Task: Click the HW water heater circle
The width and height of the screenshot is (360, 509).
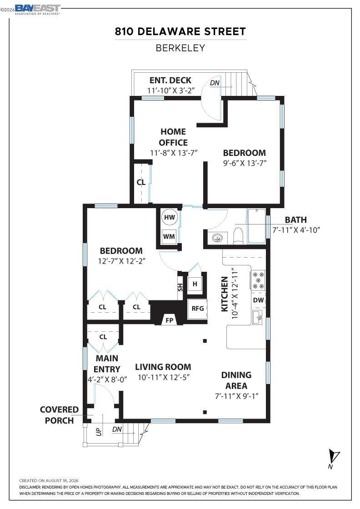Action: coord(170,217)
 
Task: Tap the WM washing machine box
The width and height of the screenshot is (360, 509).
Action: coord(169,237)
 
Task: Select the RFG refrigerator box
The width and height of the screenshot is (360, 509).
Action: coord(197,309)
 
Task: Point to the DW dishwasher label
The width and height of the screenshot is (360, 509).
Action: coord(258,300)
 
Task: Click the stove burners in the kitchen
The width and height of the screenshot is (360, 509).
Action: coord(258,280)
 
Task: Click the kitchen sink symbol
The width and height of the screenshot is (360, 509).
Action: coord(259,317)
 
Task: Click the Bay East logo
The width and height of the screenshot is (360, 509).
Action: coord(37,9)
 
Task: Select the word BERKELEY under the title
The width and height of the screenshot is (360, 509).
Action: coord(180,48)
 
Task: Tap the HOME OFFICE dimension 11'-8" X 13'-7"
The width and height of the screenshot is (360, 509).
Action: coord(174,153)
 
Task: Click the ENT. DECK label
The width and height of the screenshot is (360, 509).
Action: coord(170,80)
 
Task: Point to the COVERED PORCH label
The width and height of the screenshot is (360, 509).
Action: coord(59,415)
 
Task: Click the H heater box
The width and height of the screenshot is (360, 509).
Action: coord(195,284)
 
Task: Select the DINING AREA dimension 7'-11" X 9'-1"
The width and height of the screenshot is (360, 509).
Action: coord(237,396)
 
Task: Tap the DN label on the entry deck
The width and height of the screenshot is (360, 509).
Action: coord(215,83)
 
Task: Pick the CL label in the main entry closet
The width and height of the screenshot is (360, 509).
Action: coord(103,337)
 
